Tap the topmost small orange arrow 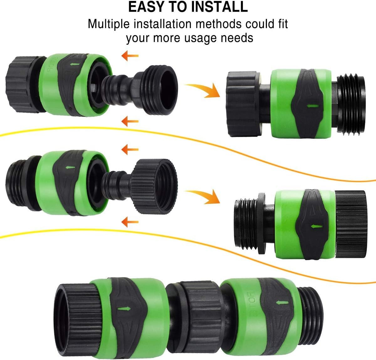(x=130, y=56)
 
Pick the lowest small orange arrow (x=130, y=222)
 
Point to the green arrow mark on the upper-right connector (x=313, y=106)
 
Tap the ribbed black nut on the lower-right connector (x=351, y=224)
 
